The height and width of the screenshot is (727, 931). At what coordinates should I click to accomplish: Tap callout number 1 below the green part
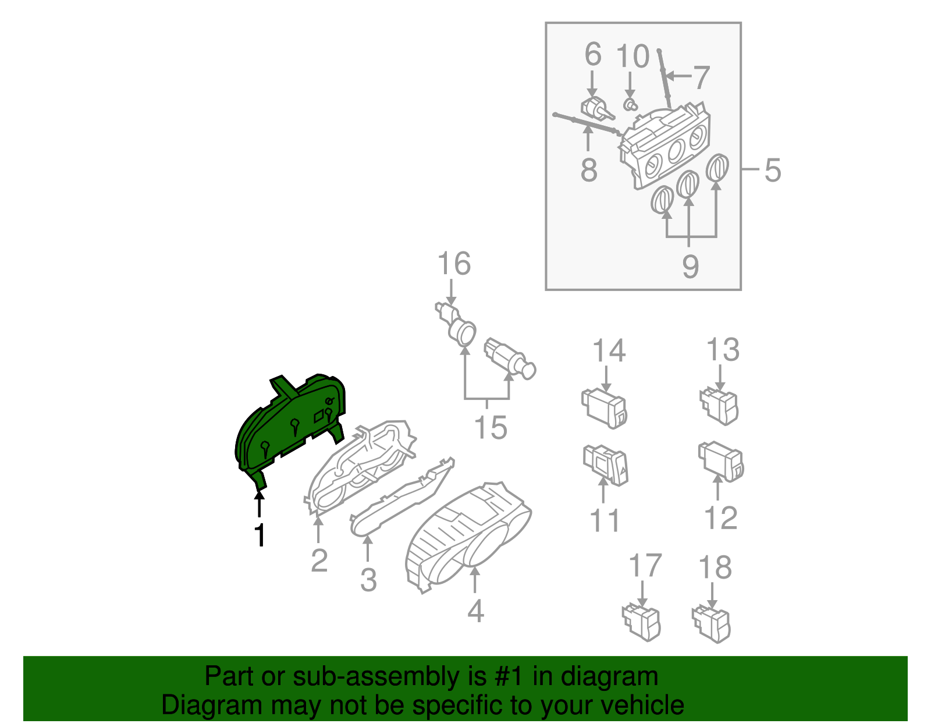coord(260,535)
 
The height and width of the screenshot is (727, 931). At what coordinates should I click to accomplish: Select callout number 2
coord(319,561)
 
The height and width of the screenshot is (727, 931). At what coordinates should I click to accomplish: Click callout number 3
coord(368,580)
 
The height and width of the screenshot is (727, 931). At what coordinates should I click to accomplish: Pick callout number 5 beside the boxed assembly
coord(772,170)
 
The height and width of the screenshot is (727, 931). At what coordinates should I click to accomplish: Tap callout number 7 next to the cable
coord(701,77)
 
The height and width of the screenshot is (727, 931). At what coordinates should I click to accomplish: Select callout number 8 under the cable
coord(589,170)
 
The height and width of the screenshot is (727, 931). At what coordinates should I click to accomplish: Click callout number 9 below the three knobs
coord(690,267)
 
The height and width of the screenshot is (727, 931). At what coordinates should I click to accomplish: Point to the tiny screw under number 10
coord(630,105)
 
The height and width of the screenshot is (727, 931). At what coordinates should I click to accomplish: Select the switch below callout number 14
coord(605,408)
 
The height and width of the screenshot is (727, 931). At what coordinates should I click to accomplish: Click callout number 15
coord(491,428)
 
